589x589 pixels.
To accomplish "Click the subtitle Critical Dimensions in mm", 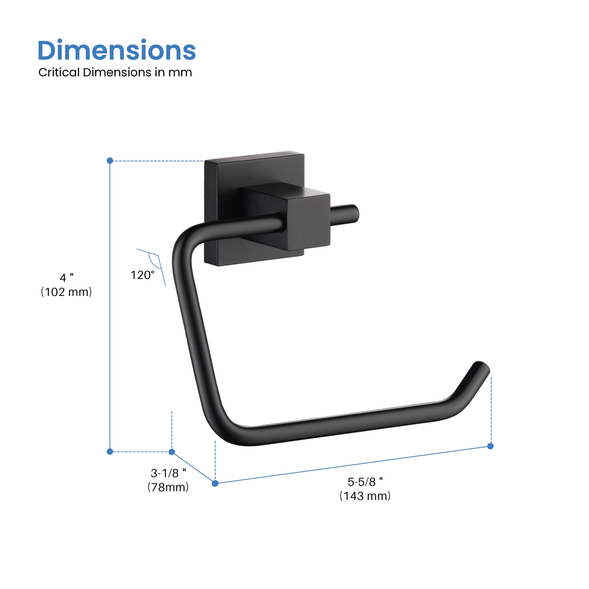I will (115, 73).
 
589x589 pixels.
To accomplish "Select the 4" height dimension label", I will (66, 278).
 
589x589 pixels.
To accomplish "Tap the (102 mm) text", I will (66, 292).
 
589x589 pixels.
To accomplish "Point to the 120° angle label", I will (142, 275).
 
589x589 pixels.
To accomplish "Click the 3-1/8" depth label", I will (168, 473).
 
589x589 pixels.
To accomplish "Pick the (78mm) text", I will (168, 487).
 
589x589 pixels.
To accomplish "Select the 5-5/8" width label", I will (365, 482).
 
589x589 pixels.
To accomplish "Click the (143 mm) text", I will (365, 496).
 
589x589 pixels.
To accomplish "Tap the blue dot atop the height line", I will (110, 161).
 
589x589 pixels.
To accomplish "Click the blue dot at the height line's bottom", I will (110, 451).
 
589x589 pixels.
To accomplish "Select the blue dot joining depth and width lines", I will (215, 483).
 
